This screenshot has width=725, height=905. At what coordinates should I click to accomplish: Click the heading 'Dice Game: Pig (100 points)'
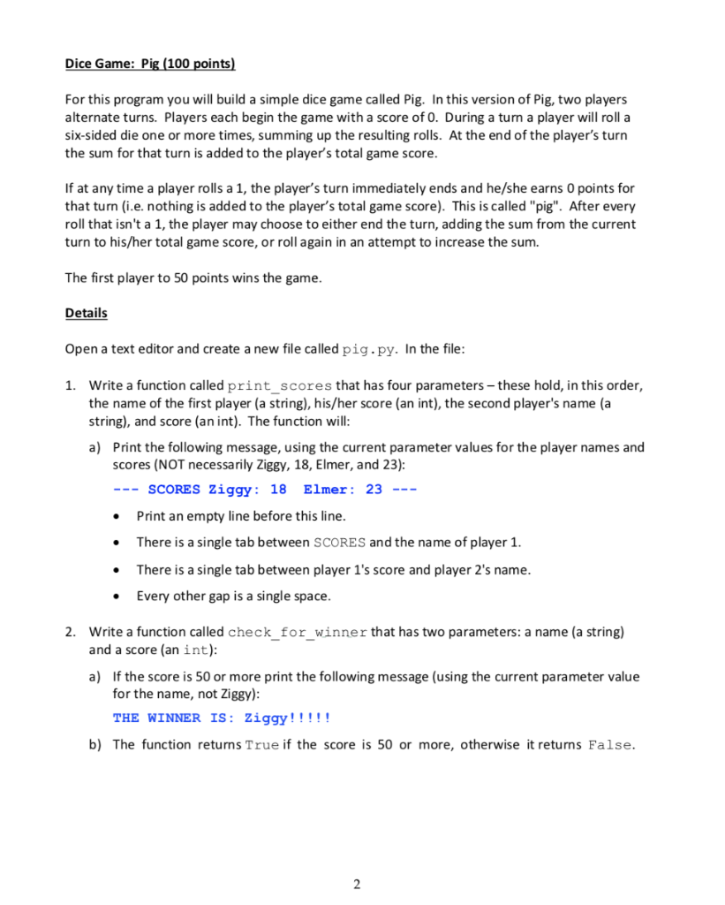point(151,65)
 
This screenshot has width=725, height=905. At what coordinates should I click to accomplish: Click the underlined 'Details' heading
point(86,313)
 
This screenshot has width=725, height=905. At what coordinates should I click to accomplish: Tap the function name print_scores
point(280,386)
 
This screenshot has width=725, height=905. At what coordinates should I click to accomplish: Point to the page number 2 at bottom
point(357,884)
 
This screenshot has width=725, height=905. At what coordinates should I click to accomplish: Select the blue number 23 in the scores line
point(374,490)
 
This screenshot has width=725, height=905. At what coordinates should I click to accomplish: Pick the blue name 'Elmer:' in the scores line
point(329,490)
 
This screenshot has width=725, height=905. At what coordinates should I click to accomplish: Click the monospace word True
point(261,745)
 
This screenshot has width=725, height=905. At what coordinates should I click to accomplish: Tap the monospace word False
point(610,745)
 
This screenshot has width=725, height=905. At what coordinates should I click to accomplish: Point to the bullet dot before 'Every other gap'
point(117,596)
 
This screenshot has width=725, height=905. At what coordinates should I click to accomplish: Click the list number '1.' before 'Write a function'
point(71,386)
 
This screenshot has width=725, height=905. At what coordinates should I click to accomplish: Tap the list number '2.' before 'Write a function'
point(71,633)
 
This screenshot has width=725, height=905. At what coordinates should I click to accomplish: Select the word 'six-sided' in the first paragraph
point(93,135)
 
